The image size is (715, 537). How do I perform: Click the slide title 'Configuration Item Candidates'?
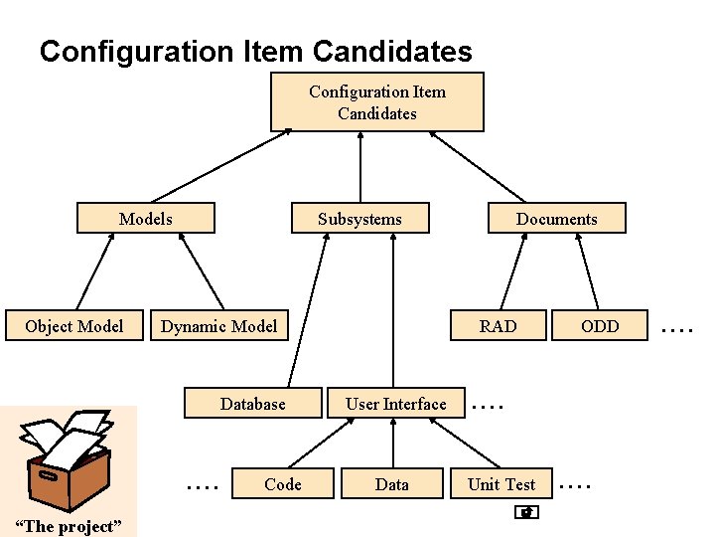(x=255, y=51)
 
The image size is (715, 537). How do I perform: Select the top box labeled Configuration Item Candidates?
(x=376, y=102)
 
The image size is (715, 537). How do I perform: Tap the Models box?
(x=145, y=219)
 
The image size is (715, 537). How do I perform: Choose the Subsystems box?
(x=359, y=219)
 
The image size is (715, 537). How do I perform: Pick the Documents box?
(x=556, y=219)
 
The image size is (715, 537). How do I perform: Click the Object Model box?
(x=74, y=326)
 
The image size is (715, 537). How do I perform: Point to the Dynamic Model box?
(x=218, y=326)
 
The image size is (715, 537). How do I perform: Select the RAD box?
(x=498, y=326)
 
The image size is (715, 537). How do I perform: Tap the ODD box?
(x=600, y=326)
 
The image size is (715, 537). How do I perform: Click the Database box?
(x=252, y=404)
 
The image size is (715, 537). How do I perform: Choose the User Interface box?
(x=395, y=404)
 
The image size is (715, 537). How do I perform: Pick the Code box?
(x=282, y=484)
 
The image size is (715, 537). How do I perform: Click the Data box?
(x=391, y=484)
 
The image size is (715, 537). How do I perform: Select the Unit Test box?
(x=500, y=484)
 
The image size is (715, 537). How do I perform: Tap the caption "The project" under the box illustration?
(x=69, y=526)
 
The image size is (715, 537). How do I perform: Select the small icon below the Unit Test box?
(x=527, y=513)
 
